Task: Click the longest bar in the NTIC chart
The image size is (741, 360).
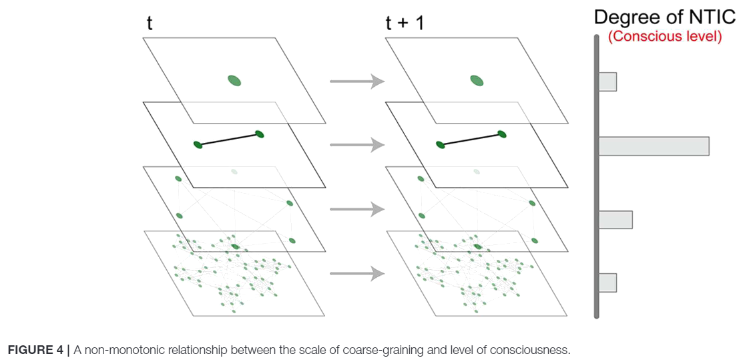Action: (654, 146)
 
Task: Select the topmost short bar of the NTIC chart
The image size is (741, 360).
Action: (607, 81)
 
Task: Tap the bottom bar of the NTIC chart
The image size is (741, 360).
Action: (607, 282)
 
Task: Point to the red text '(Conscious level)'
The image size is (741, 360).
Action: (666, 37)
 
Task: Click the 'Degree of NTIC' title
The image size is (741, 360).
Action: (666, 18)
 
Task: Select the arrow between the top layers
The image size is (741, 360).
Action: (358, 81)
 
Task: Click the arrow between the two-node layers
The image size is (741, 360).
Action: (358, 145)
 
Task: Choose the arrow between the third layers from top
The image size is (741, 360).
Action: (358, 210)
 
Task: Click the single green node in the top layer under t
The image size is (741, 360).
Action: (234, 81)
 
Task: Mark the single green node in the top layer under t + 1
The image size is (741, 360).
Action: (476, 80)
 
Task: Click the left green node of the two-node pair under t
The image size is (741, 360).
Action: (198, 144)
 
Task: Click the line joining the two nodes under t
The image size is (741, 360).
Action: (228, 139)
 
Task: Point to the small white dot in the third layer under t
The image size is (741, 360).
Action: (234, 172)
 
